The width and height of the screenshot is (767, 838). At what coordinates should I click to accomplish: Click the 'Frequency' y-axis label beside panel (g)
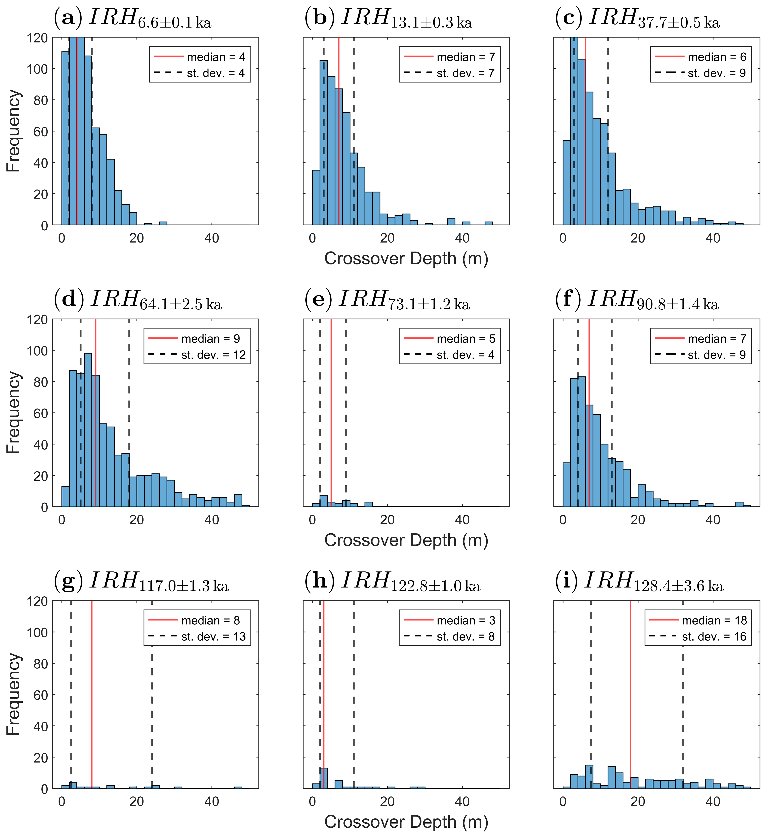(x=13, y=694)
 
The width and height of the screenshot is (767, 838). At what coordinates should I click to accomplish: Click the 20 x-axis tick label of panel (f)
(x=637, y=520)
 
